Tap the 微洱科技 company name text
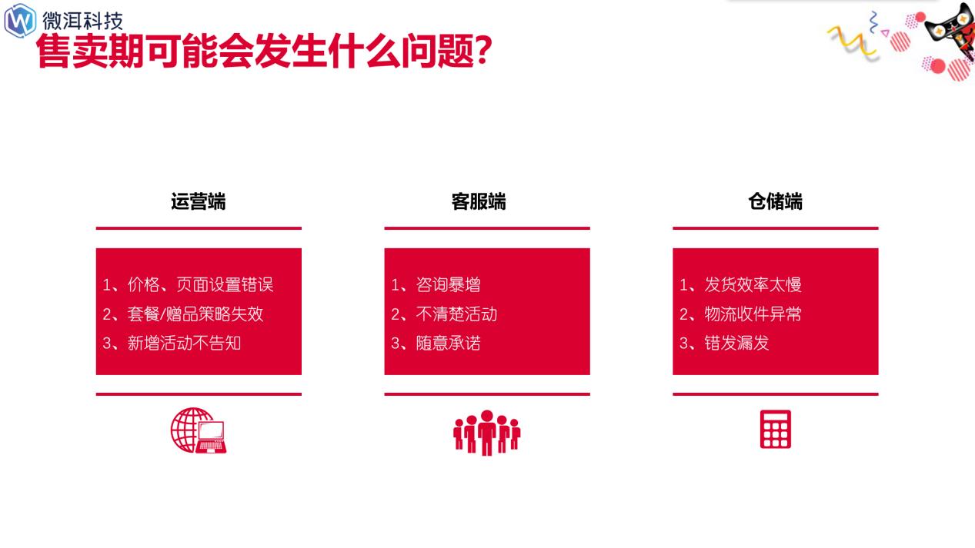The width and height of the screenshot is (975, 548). (82, 19)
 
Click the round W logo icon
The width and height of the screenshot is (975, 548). (20, 20)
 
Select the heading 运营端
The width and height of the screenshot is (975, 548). (199, 201)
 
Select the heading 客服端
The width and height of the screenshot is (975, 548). (479, 201)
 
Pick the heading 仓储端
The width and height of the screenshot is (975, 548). (775, 201)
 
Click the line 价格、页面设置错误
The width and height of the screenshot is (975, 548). (188, 285)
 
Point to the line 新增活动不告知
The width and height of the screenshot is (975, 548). (172, 343)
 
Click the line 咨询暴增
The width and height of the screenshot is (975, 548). (436, 285)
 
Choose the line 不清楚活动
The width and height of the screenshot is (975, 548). (444, 314)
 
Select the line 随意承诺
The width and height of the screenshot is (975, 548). (436, 343)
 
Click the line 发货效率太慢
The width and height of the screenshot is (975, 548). (740, 285)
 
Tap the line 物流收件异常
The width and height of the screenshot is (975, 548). (740, 314)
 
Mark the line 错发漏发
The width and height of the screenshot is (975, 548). (724, 343)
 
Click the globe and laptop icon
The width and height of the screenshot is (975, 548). (199, 430)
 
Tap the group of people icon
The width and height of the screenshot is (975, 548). (486, 431)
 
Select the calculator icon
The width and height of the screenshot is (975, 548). (775, 430)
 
